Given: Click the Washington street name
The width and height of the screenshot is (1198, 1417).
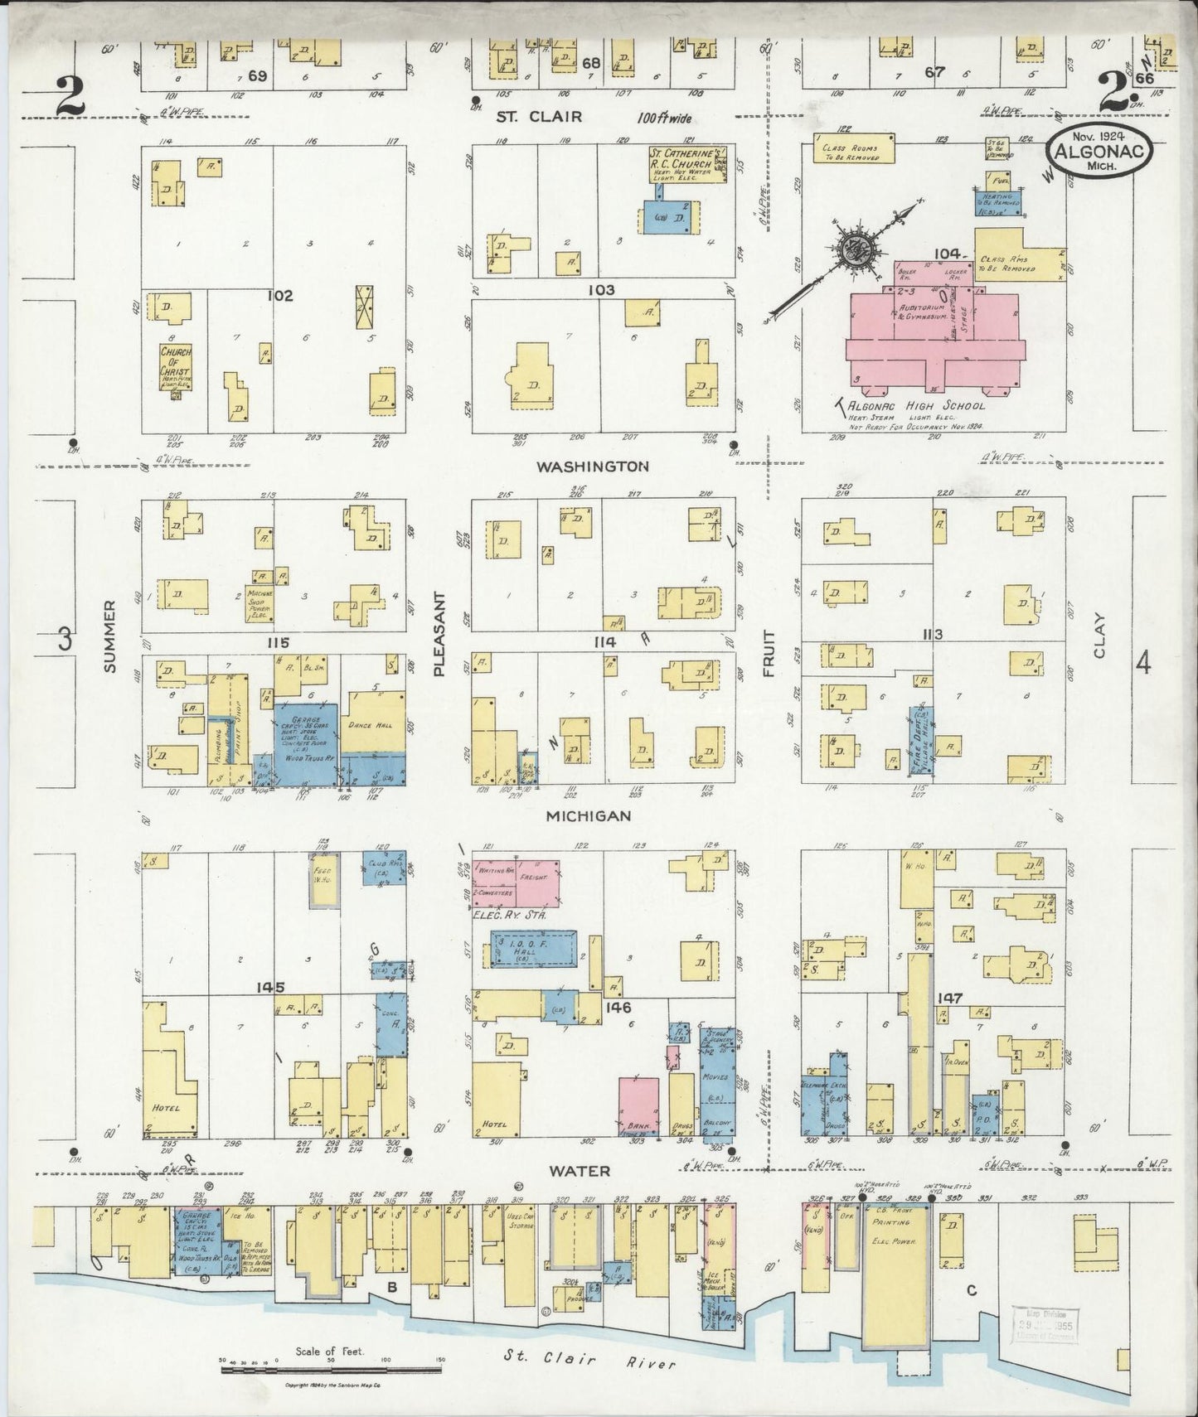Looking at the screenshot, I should [592, 466].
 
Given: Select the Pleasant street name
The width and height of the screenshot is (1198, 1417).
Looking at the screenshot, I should [439, 634].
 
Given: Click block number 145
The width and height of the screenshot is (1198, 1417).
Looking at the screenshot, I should [270, 987].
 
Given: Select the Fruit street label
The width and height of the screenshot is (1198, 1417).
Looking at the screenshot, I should [769, 653].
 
